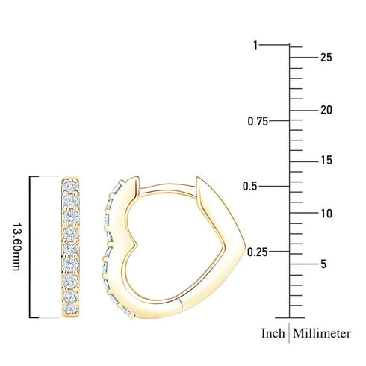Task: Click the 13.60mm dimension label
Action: tap(17, 246)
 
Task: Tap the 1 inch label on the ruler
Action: tap(255, 46)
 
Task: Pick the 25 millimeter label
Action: tap(325, 57)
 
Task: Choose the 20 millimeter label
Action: tap(325, 110)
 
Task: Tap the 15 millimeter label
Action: tap(325, 161)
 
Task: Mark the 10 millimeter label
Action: tap(325, 214)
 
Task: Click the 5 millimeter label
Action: tap(323, 264)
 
